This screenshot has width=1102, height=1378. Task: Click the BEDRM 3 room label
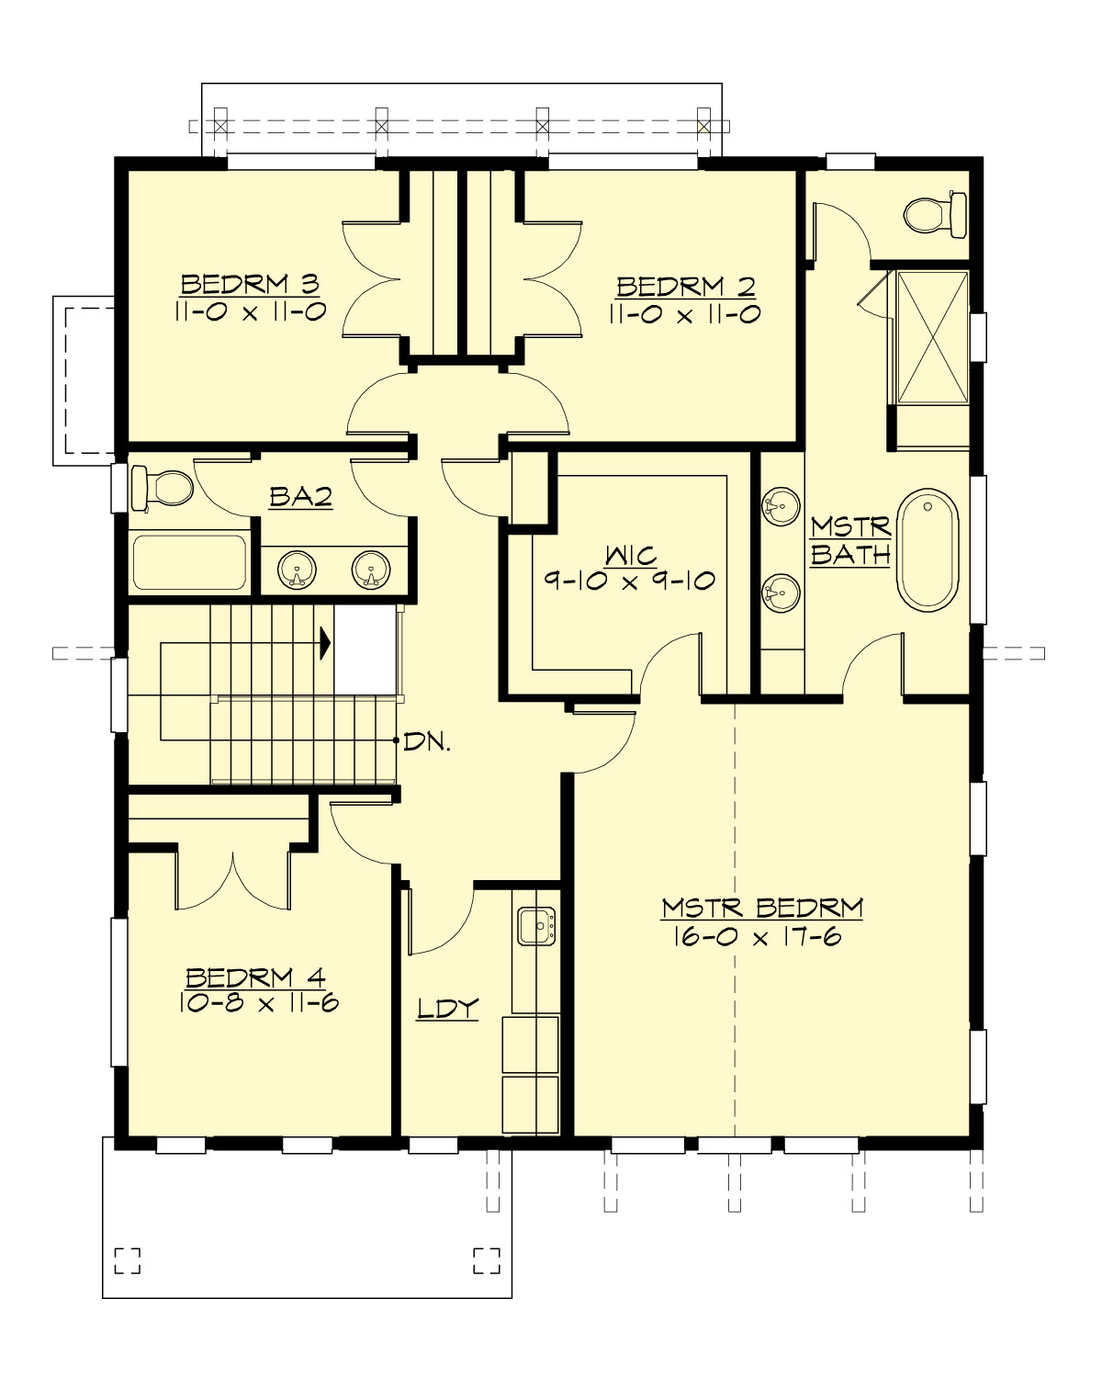coord(249,284)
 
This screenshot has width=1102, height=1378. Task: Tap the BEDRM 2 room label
coord(685,287)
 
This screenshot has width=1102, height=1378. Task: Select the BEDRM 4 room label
coord(255,977)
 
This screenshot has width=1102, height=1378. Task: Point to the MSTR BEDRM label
coord(762,908)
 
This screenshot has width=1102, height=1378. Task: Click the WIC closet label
coord(631,555)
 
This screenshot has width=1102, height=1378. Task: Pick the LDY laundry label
coord(447,1009)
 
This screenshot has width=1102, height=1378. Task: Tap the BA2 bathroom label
coord(300,497)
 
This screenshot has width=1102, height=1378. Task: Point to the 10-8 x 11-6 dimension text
coord(259,1002)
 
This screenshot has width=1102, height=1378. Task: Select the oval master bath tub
coord(928,549)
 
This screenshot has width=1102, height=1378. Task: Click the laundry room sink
coord(536,926)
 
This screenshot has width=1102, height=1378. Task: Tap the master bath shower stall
coord(931,336)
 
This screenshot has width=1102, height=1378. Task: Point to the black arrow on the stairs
coord(324,643)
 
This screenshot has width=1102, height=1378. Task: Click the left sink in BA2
coord(297,570)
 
